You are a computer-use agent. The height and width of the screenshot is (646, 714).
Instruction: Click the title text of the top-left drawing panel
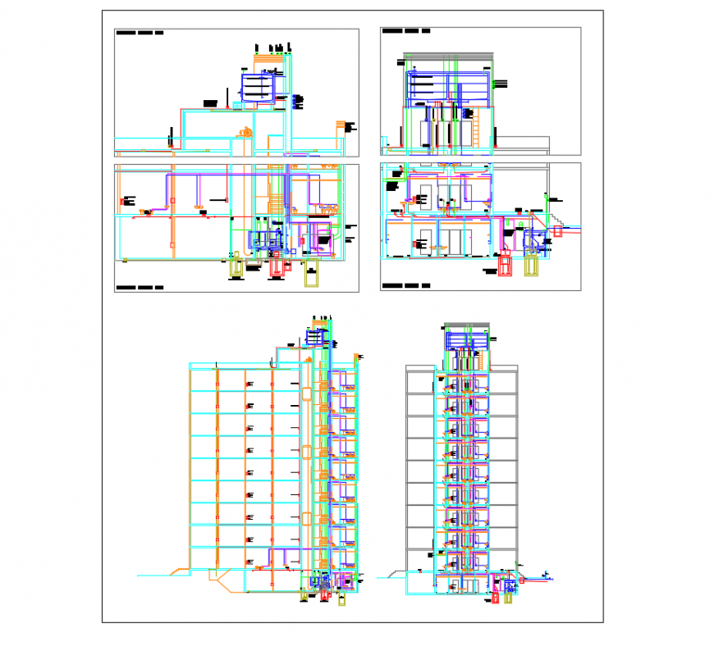(140, 34)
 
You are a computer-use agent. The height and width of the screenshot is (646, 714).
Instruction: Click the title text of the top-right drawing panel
(406, 31)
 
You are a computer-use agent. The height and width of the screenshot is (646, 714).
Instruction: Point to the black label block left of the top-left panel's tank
(211, 103)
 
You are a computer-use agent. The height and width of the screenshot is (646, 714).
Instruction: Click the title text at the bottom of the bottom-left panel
(140, 288)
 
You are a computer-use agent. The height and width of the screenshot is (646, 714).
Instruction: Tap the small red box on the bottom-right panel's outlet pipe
(559, 232)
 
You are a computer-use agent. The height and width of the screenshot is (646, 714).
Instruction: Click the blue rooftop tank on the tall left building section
(317, 335)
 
